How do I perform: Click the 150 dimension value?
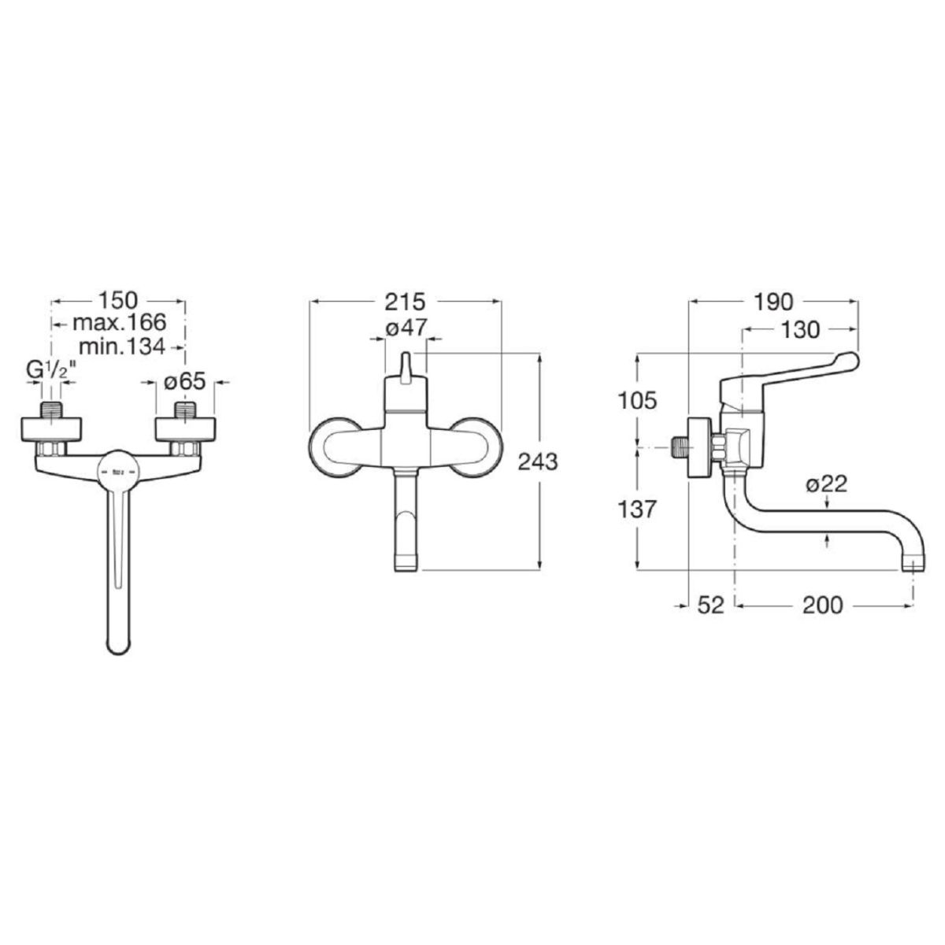point(119,301)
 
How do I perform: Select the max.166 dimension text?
point(120,323)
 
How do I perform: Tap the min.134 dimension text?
point(122,346)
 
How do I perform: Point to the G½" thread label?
point(51,371)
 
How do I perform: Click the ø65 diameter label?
point(184,381)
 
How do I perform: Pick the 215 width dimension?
point(405,302)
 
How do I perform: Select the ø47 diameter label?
point(406,328)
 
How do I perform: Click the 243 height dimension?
point(538,461)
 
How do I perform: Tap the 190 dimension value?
point(773,302)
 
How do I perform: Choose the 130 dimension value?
point(800,330)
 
